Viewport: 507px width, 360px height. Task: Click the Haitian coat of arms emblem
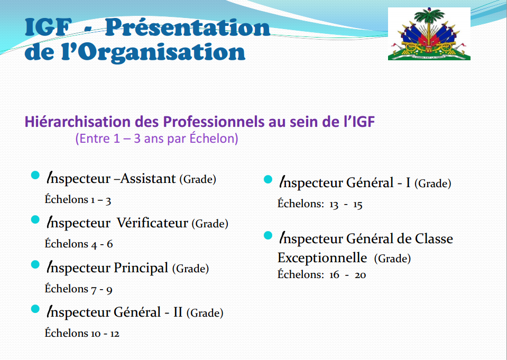(x=429, y=34)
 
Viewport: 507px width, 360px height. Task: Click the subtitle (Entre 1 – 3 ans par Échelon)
(x=157, y=139)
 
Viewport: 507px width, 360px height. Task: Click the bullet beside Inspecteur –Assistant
(x=35, y=176)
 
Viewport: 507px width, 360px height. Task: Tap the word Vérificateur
(x=152, y=223)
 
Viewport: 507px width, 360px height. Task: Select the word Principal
(x=141, y=268)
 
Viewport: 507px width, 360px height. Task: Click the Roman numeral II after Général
(x=178, y=312)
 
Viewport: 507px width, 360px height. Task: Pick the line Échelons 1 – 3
(x=78, y=200)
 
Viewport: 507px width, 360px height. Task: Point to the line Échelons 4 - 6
(x=79, y=244)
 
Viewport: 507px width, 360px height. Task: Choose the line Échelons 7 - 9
(x=79, y=289)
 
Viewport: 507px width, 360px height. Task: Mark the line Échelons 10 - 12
(x=82, y=333)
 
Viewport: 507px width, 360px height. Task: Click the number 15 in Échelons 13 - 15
(x=357, y=205)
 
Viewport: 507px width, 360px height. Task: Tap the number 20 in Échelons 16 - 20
(x=360, y=275)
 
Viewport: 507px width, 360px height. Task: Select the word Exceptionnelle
(x=322, y=258)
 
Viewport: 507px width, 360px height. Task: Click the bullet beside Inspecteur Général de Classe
(x=268, y=235)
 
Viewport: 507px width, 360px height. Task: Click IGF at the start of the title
(x=48, y=27)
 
